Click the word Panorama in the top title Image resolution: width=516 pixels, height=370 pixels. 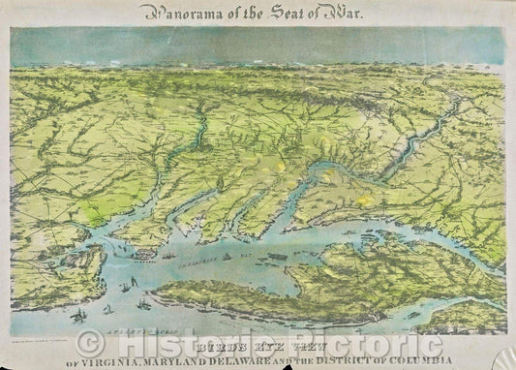[175, 13]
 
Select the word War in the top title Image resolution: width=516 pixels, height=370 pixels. [348, 13]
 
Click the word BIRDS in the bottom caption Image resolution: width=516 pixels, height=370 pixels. [211, 342]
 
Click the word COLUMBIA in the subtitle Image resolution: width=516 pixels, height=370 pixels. [451, 358]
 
